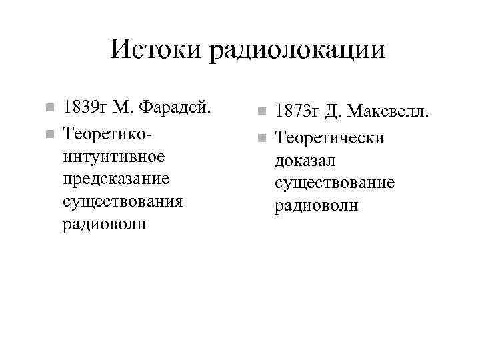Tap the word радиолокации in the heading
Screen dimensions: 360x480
click(297, 51)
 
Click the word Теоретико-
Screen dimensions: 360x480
click(107, 135)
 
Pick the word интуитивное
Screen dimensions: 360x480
click(114, 158)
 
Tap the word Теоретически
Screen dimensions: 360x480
click(330, 138)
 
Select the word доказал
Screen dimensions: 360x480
click(305, 161)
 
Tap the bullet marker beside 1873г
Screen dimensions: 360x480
click(263, 111)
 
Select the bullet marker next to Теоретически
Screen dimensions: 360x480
click(263, 139)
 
